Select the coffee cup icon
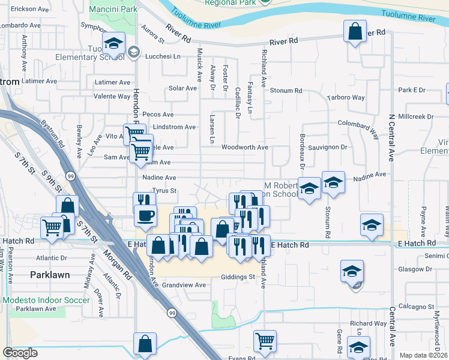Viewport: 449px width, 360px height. tap(145, 215)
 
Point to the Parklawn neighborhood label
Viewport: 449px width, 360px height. tap(50, 274)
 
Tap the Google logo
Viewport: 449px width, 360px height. tap(20, 353)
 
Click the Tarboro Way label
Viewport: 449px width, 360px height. tap(345, 98)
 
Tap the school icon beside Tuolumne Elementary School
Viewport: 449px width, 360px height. tap(113, 43)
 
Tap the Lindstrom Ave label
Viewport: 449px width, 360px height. tap(174, 127)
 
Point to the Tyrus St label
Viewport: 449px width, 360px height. tap(163, 191)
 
